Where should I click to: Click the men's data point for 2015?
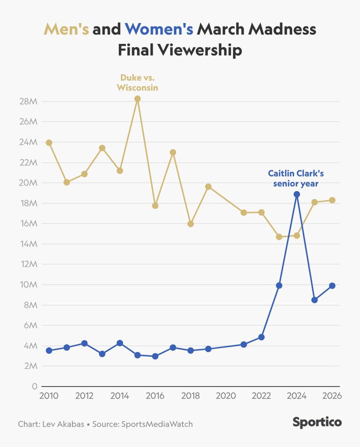point(137,99)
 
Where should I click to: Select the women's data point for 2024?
point(297,194)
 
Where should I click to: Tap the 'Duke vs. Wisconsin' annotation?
point(137,82)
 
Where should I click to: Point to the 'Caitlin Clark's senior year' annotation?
point(295,178)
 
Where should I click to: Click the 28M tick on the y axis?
point(28,101)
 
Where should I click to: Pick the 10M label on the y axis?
point(28,284)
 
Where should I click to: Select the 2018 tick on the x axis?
point(190,396)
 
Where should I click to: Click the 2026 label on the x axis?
point(332,396)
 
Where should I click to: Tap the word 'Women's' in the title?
point(159,29)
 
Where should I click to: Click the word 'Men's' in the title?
point(66,29)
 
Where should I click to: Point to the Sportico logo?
point(317,422)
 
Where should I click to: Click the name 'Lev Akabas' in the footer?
point(63,424)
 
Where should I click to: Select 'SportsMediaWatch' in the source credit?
point(157,424)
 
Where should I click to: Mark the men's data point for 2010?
point(49,143)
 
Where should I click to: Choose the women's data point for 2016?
point(155,356)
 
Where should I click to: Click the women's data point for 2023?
point(279,285)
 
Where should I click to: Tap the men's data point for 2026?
point(332,200)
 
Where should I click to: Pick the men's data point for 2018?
point(190,224)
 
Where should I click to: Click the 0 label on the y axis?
point(34,386)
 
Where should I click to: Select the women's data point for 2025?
point(314,300)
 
